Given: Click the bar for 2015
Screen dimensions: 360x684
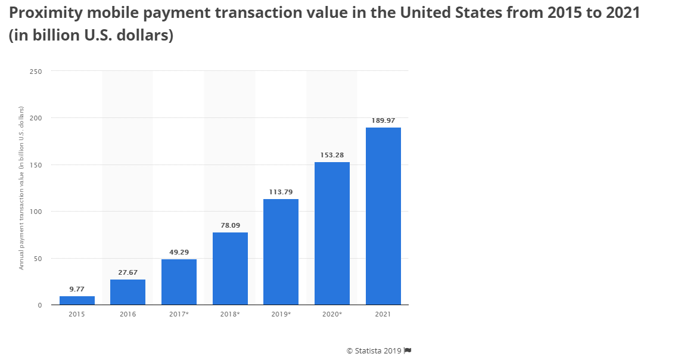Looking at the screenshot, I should (x=77, y=300).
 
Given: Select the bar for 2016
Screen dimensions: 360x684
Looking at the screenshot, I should (x=128, y=292).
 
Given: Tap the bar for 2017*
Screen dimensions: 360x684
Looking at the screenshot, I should (x=179, y=282).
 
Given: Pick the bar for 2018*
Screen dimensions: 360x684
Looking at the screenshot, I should (x=230, y=269).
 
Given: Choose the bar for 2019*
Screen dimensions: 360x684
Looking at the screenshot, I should (x=281, y=252).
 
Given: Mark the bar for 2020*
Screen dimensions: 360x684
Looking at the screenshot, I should (x=332, y=234).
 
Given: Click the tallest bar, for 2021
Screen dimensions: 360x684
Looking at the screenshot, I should (x=383, y=216).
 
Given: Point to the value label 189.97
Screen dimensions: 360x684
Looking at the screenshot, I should (x=383, y=120).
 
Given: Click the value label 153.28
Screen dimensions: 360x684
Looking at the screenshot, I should (x=332, y=155).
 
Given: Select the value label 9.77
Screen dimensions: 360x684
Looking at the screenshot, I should (x=77, y=289).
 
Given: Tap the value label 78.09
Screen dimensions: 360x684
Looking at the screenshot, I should (x=230, y=225).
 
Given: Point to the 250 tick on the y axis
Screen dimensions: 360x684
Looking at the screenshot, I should (x=36, y=71).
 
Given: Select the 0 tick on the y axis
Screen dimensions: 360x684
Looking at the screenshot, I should (x=40, y=305).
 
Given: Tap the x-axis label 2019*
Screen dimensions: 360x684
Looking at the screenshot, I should (x=281, y=314).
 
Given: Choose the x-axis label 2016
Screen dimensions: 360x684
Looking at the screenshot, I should (x=128, y=314).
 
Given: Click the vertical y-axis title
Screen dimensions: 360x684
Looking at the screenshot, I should (x=21, y=188).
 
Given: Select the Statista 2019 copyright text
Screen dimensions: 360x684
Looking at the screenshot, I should (x=374, y=350).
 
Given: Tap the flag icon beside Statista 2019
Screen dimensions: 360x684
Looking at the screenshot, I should (x=408, y=350).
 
